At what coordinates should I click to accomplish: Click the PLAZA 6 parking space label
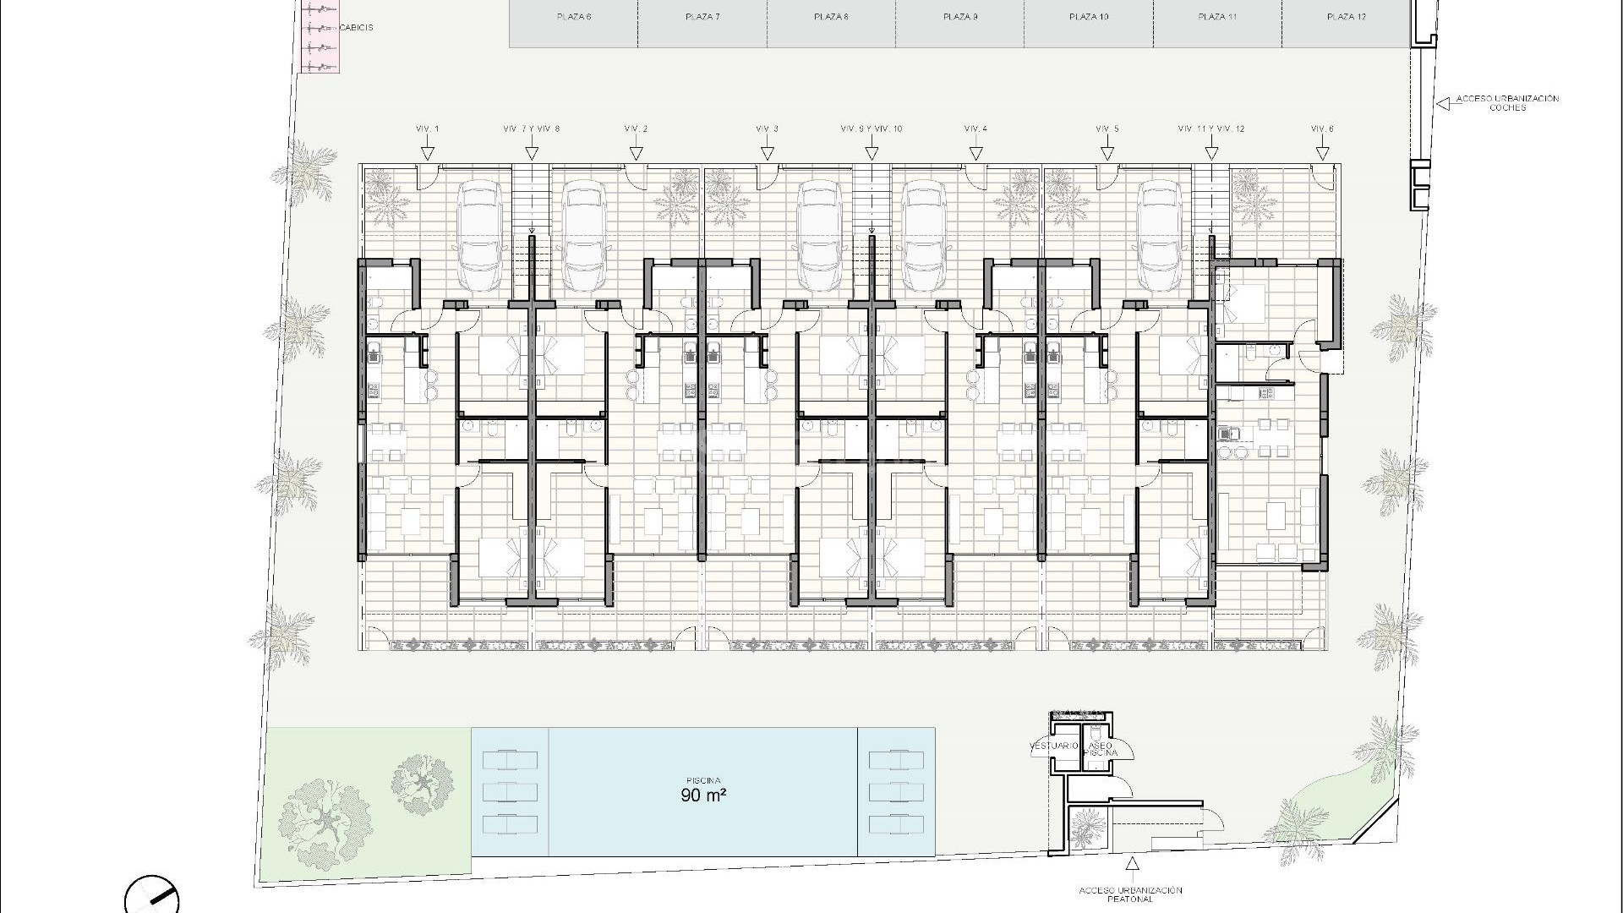click(574, 17)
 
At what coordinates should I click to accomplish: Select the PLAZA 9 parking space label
click(959, 17)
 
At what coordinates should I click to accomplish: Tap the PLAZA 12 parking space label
click(1346, 17)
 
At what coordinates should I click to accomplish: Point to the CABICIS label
click(355, 28)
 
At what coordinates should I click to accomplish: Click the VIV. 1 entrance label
click(428, 128)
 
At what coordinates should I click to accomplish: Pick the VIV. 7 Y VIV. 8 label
click(531, 128)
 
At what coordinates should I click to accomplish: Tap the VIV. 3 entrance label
click(767, 128)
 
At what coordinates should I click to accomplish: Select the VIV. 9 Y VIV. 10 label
click(872, 128)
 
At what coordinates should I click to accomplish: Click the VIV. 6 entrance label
click(1322, 128)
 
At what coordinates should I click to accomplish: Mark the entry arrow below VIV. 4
click(976, 154)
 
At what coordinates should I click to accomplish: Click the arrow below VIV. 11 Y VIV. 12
click(1210, 154)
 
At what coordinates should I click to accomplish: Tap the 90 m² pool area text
click(703, 795)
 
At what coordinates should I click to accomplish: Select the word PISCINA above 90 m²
click(703, 780)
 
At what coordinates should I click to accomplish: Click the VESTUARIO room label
click(1054, 746)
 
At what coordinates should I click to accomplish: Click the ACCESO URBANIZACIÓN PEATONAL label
click(1130, 894)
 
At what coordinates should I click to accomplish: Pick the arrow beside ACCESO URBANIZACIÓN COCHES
click(1442, 103)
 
